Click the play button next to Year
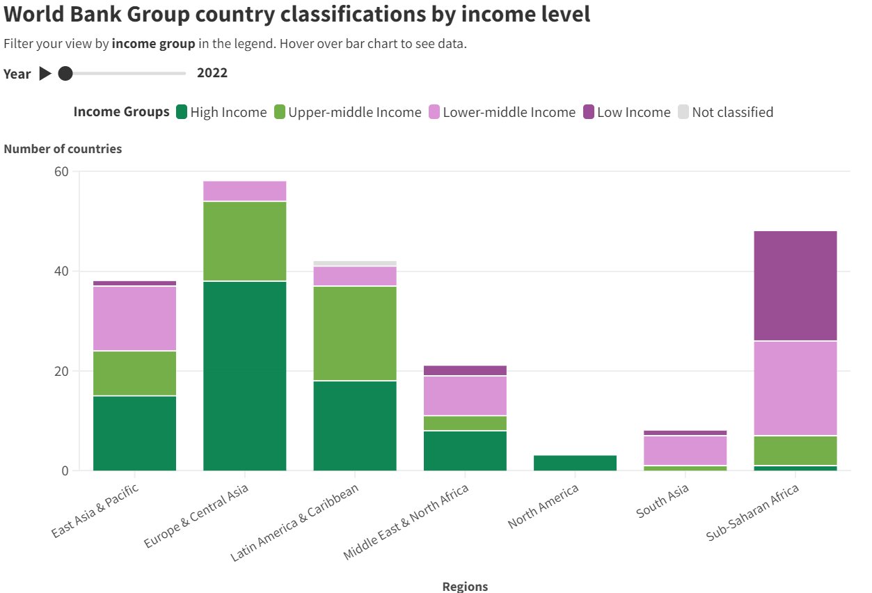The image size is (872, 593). coord(45,73)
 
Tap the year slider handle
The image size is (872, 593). coord(65,73)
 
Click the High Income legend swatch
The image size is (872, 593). coord(182,112)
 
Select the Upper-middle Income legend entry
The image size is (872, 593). coord(347,112)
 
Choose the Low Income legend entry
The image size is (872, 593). coord(626,112)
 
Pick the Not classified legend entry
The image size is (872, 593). coord(724,112)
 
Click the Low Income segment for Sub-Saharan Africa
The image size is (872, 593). coord(795,285)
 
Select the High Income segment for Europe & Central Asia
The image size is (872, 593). coord(244,376)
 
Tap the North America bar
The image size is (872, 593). coord(575,463)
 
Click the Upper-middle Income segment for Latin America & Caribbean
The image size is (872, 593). coord(355,333)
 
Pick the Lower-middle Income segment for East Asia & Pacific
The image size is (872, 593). coord(134,318)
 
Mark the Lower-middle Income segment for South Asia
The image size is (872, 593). coord(685,450)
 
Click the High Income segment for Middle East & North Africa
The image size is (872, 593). coord(465,450)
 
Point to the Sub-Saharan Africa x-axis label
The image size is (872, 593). coord(754,512)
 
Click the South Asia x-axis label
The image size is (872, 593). coord(663,501)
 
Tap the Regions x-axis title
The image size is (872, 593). coord(465,586)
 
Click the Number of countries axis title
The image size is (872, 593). coord(63,149)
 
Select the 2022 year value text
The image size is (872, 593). coord(212,73)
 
